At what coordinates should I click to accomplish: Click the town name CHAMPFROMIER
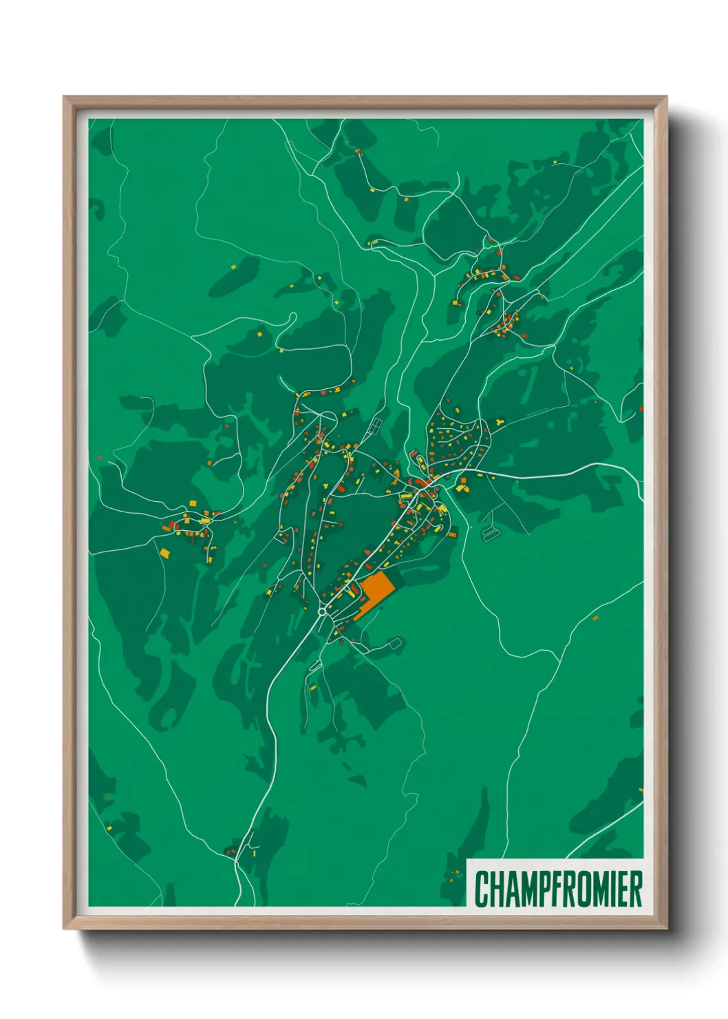click(558, 889)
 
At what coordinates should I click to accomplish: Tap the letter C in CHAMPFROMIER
click(482, 889)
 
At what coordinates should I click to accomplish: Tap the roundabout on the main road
click(321, 611)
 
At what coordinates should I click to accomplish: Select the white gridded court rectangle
click(375, 425)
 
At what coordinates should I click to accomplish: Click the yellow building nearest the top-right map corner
click(555, 162)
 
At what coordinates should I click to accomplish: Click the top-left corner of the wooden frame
click(65, 98)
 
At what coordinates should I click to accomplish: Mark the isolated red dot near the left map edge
click(100, 457)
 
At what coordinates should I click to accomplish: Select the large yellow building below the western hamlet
click(164, 551)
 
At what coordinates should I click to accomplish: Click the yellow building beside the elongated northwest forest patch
click(233, 266)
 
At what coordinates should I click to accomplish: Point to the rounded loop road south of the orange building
click(393, 644)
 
